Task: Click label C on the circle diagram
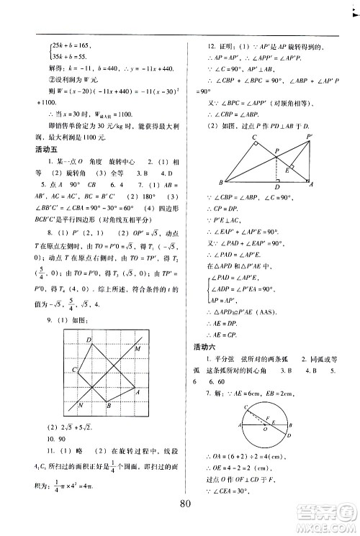pyautogui.click(x=246, y=406)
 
